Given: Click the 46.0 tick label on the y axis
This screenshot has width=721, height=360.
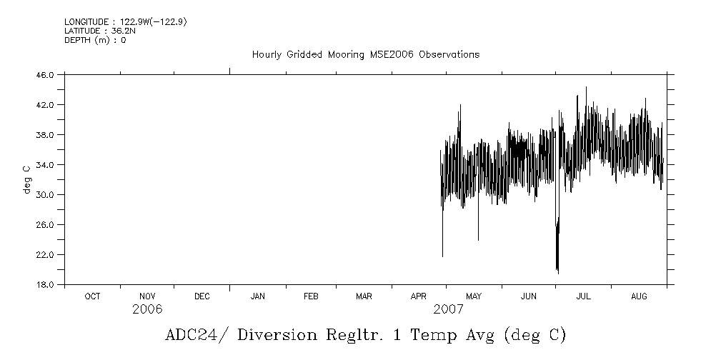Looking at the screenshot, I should tap(45, 75).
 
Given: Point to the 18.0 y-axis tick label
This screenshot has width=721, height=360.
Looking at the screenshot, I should tap(45, 285).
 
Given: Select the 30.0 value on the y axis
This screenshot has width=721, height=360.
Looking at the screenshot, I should tap(45, 195).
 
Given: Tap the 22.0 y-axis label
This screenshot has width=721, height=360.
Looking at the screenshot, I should tap(45, 255).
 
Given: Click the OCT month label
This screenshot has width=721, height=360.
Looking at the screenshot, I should tap(92, 296).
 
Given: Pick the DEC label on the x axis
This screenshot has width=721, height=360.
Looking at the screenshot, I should tap(202, 296).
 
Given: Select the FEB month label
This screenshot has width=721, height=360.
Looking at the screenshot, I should tap(311, 296).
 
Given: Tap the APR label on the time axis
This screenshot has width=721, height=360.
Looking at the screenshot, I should tap(419, 296).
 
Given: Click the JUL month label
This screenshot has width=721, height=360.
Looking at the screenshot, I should tap(584, 296).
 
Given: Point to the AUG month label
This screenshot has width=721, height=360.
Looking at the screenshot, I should tap(639, 296).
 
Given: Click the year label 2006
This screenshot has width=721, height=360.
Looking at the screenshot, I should tap(147, 309).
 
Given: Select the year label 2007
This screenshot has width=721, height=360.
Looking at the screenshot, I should tap(448, 309).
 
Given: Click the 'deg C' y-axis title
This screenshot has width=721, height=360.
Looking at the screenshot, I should tap(27, 179).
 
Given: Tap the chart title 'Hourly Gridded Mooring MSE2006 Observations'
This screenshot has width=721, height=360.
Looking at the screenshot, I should tap(365, 55).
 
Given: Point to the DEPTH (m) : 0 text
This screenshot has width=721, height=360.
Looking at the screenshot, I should tap(95, 41).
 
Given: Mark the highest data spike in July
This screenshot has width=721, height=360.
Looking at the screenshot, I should tap(586, 88).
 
